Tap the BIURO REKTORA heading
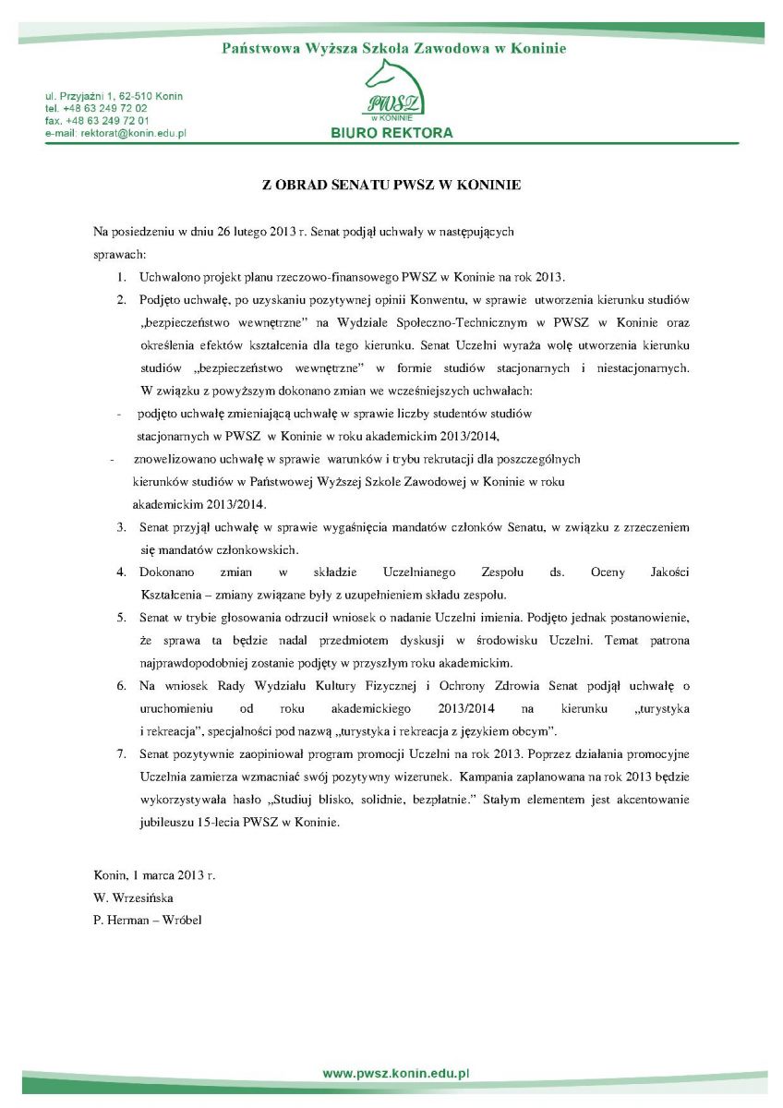pyautogui.click(x=391, y=133)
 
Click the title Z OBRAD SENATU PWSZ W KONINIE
pyautogui.click(x=391, y=185)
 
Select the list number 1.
pyautogui.click(x=121, y=276)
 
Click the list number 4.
pyautogui.click(x=121, y=572)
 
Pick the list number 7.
pyautogui.click(x=121, y=755)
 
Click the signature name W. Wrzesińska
pyautogui.click(x=133, y=897)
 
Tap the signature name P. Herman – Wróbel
pyautogui.click(x=148, y=920)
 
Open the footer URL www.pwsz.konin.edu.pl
pyautogui.click(x=396, y=1075)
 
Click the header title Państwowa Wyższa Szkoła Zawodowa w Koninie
pyautogui.click(x=394, y=49)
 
